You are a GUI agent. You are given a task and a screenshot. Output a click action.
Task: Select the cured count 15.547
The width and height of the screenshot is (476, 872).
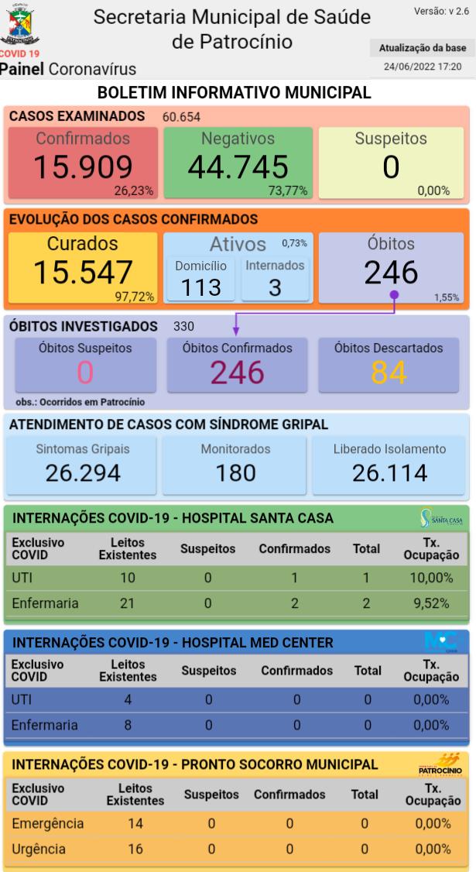pyautogui.click(x=82, y=273)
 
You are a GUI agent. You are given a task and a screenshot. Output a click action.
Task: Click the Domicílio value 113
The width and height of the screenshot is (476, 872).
pyautogui.click(x=200, y=287)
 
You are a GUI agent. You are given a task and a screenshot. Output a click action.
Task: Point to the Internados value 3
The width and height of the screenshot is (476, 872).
pyautogui.click(x=275, y=287)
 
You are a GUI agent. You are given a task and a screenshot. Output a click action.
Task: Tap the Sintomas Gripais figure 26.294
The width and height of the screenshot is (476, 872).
pyautogui.click(x=81, y=472)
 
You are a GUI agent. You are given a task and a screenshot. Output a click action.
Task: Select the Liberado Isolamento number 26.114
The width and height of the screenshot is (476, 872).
pyautogui.click(x=389, y=472)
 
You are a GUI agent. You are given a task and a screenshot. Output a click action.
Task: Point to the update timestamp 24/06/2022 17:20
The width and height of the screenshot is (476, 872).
pyautogui.click(x=423, y=67)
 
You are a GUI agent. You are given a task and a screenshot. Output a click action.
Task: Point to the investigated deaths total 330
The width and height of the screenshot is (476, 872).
pyautogui.click(x=184, y=326)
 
